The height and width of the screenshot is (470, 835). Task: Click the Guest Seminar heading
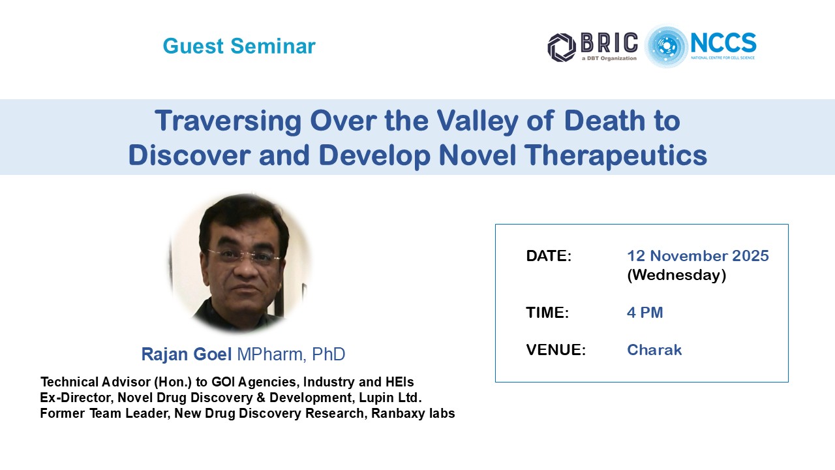click(239, 46)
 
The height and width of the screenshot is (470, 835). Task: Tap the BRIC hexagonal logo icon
click(562, 48)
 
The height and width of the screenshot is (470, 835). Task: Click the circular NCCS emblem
click(667, 46)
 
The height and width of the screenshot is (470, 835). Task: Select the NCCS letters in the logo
click(723, 42)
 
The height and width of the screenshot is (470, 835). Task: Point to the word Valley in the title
click(477, 121)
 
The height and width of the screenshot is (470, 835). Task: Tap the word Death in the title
click(604, 121)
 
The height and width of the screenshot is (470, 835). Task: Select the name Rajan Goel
click(187, 354)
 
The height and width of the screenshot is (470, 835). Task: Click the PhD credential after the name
click(328, 354)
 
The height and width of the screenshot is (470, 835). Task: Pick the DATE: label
click(549, 256)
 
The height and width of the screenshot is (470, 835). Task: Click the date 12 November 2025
click(698, 256)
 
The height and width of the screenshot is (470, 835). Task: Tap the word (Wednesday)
click(676, 275)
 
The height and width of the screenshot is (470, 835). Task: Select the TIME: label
click(547, 313)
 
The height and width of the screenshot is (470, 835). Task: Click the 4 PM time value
click(645, 313)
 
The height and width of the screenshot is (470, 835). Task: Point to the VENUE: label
click(556, 350)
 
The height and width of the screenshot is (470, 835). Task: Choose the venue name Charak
click(654, 350)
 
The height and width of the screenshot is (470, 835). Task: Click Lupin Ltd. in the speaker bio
click(390, 398)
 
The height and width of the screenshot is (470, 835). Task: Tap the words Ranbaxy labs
click(413, 413)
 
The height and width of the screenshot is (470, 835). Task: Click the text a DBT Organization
click(609, 58)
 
